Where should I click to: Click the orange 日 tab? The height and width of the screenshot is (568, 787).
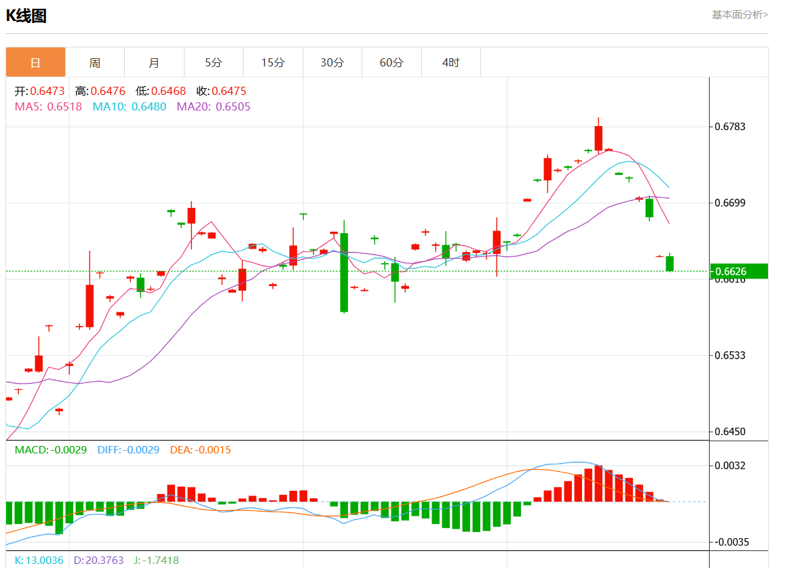click(x=35, y=62)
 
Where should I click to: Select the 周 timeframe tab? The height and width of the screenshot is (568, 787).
click(x=95, y=62)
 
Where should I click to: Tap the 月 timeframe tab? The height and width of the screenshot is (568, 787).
click(x=154, y=62)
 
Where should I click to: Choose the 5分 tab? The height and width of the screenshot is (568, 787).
click(x=213, y=62)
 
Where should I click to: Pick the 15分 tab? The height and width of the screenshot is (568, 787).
click(x=273, y=62)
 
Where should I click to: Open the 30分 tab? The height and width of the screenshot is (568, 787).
click(x=332, y=62)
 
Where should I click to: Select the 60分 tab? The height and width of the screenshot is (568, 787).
click(x=391, y=62)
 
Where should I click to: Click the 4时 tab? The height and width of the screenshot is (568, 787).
click(x=450, y=62)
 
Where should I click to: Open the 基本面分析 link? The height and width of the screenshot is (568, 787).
click(x=740, y=14)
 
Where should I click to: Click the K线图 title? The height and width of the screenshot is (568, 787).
click(x=26, y=16)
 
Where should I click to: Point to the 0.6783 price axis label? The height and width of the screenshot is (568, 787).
click(x=731, y=127)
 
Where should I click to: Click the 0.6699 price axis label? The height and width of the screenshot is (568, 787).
click(x=731, y=203)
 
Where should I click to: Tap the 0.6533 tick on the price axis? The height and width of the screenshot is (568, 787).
click(x=731, y=355)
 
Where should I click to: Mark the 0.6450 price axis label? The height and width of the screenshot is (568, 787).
click(x=731, y=432)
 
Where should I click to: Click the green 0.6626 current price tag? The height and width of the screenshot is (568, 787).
click(x=738, y=271)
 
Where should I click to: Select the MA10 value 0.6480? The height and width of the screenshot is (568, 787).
click(x=149, y=106)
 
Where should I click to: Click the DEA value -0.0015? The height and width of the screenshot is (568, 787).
click(x=213, y=449)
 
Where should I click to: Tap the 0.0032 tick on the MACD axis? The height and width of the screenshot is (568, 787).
click(x=731, y=466)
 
